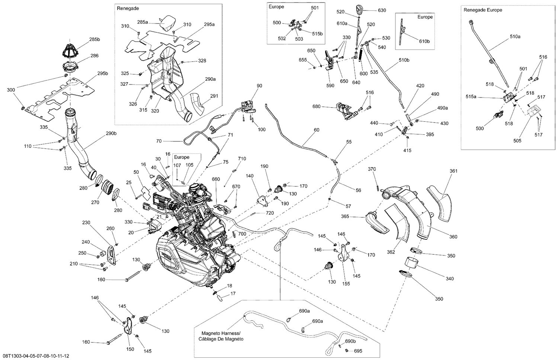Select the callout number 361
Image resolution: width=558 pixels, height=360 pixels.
pyautogui.click(x=453, y=171)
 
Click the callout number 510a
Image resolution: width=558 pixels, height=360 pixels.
pyautogui.click(x=515, y=37)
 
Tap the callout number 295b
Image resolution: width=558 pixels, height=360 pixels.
pyautogui.click(x=102, y=73)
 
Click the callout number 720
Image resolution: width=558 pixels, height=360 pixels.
pyautogui.click(x=270, y=213)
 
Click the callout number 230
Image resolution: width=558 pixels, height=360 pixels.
pyautogui.click(x=86, y=223)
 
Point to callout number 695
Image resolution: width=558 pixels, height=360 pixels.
pyautogui.click(x=358, y=351)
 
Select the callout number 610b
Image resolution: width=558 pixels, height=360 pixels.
pyautogui.click(x=424, y=41)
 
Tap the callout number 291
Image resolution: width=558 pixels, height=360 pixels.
pyautogui.click(x=214, y=96)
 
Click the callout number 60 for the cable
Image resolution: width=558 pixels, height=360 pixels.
pyautogui.click(x=316, y=130)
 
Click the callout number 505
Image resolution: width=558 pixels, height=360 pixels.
pyautogui.click(x=517, y=141)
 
